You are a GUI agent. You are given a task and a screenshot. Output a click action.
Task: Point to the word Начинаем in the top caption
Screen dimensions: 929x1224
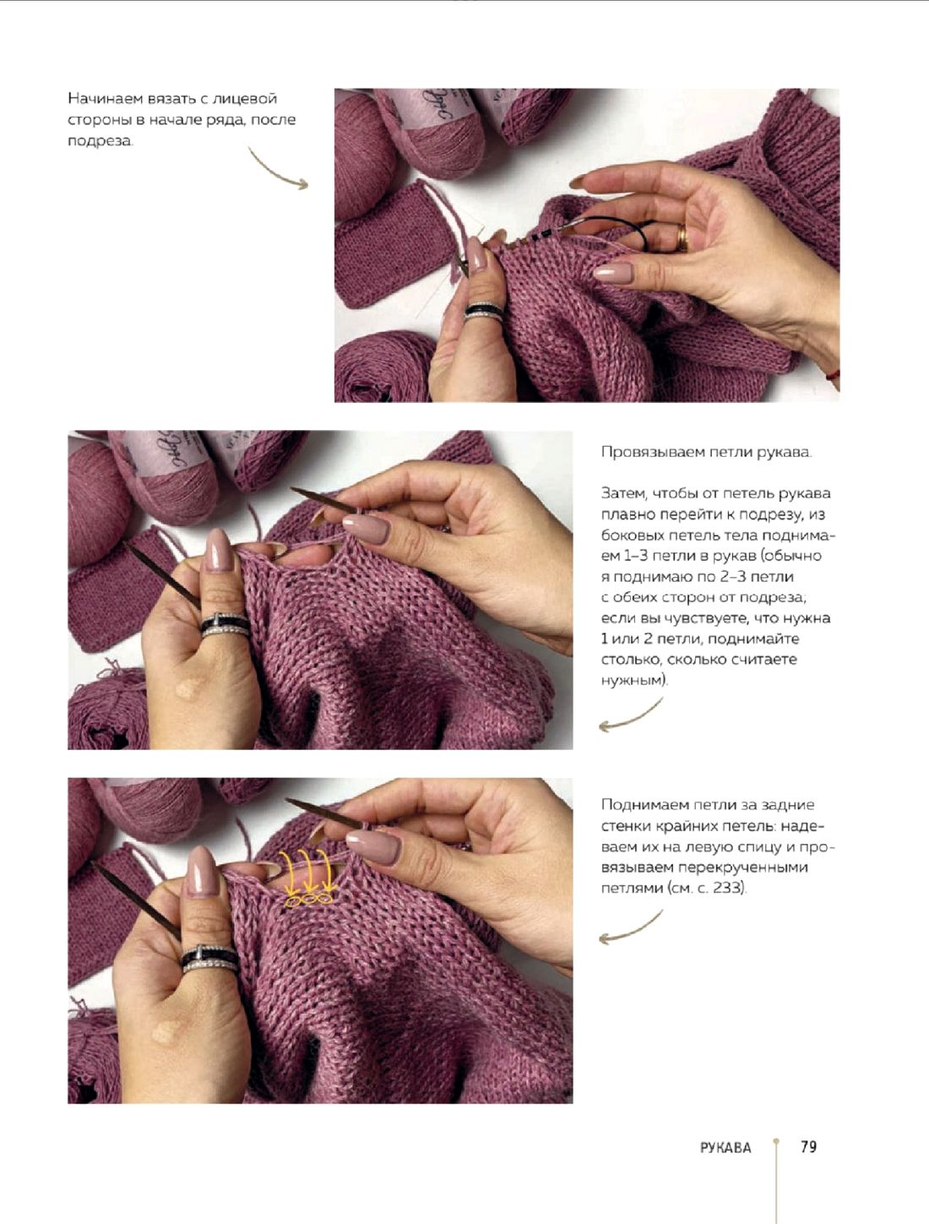tap(106, 99)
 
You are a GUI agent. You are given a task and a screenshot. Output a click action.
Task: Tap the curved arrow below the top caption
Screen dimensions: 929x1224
tap(277, 171)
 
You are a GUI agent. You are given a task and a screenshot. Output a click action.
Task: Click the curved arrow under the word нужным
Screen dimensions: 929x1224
tap(630, 715)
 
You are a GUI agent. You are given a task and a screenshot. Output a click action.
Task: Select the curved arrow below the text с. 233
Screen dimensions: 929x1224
tap(630, 928)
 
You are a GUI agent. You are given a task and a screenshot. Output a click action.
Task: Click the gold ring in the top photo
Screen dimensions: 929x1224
tap(682, 238)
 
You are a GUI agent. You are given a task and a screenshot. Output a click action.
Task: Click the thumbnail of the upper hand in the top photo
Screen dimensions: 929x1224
tap(612, 273)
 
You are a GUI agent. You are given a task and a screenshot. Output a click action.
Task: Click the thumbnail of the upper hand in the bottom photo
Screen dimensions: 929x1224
tap(372, 846)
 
